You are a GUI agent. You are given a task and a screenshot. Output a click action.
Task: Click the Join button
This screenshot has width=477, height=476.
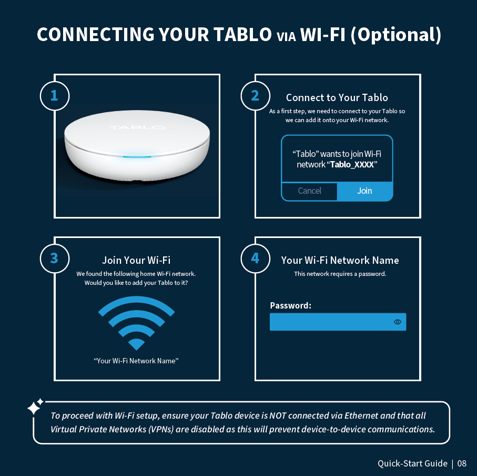(x=365, y=191)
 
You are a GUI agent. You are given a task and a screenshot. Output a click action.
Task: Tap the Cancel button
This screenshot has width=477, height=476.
(x=309, y=191)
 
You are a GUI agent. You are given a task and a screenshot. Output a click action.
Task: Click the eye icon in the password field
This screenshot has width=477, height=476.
(x=397, y=322)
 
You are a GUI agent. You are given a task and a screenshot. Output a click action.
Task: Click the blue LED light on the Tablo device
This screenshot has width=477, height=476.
(x=137, y=157)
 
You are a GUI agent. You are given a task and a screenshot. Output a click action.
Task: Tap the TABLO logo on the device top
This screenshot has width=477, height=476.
(x=137, y=127)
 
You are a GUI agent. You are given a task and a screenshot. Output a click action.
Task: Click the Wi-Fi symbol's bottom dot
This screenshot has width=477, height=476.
(x=136, y=344)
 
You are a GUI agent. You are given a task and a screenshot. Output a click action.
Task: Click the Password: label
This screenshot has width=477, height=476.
(x=290, y=305)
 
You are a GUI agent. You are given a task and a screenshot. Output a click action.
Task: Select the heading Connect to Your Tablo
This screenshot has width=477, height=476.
(x=337, y=97)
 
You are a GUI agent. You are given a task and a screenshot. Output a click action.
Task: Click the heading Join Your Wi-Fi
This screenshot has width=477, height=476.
(x=136, y=260)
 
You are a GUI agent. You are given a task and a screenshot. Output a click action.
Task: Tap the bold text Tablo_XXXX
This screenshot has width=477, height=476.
(x=352, y=164)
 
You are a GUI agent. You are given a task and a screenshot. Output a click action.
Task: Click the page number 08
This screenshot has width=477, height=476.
(x=462, y=463)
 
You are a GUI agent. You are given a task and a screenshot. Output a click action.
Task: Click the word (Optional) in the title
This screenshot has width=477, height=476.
(x=396, y=34)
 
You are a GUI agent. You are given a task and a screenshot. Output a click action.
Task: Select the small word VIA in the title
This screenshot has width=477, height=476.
(x=286, y=37)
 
